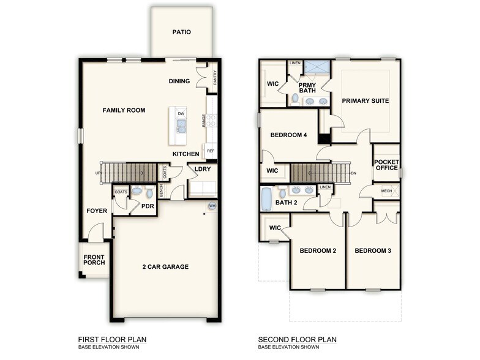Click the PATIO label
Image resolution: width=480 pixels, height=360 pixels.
tap(182, 32)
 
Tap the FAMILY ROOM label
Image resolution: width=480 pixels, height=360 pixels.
tap(124, 110)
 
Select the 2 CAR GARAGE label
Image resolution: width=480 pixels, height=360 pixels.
tap(165, 266)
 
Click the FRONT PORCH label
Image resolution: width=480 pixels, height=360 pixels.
tap(94, 259)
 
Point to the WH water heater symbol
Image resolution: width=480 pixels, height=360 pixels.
tap(212, 206)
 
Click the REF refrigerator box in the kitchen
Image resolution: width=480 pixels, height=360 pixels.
tap(211, 151)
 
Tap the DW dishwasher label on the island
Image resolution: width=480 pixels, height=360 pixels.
tap(181, 114)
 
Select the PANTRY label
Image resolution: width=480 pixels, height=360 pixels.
tap(215, 78)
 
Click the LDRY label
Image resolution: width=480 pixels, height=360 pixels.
tap(203, 170)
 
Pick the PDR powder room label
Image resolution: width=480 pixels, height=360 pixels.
tap(148, 206)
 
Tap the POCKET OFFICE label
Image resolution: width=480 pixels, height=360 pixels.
tap(386, 165)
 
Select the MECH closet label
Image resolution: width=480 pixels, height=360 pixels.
tap(386, 191)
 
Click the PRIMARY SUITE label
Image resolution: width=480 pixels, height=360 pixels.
tap(366, 100)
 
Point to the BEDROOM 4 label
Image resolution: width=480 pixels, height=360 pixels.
tap(288, 135)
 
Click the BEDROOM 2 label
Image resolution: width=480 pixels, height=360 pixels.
tap(318, 250)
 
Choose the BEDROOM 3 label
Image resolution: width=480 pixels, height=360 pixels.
tap(373, 250)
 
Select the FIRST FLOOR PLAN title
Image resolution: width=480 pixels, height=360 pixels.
tap(112, 339)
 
